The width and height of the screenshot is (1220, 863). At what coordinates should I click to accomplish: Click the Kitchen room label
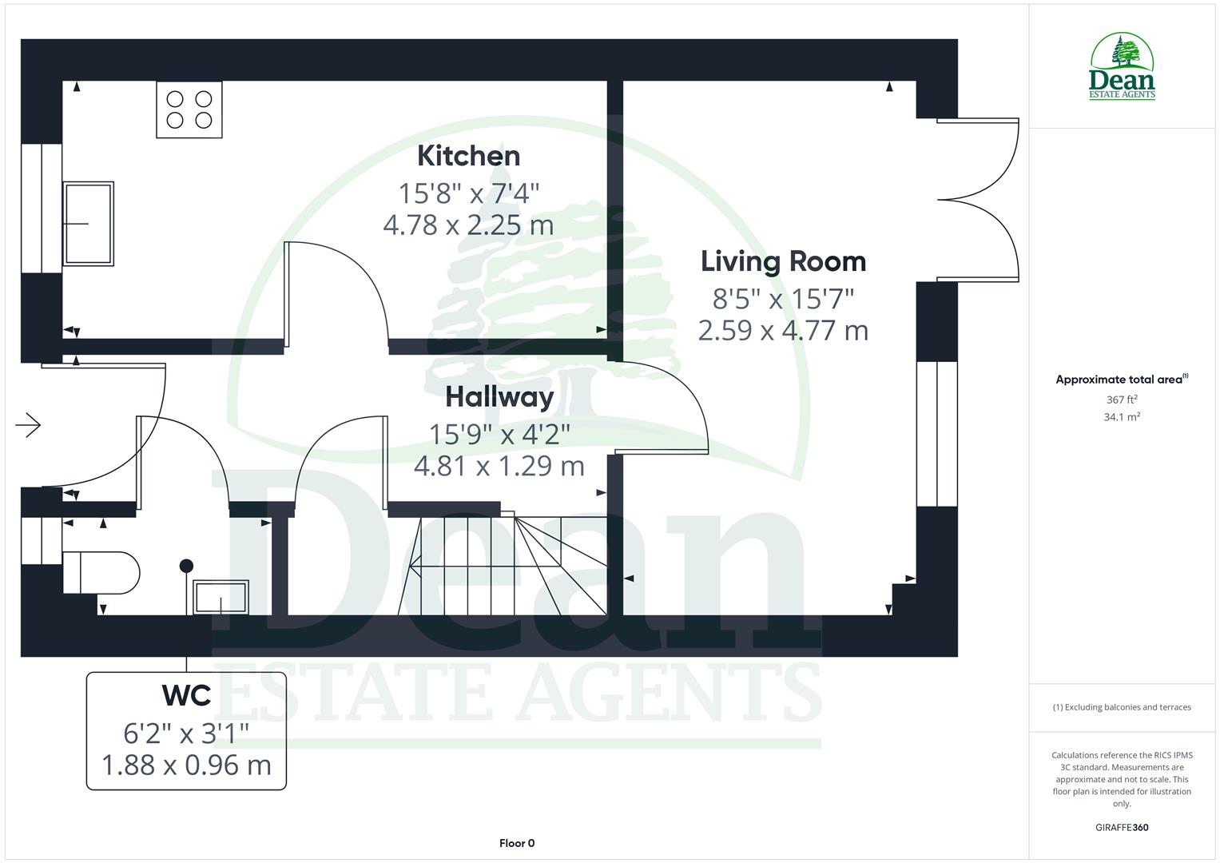click(468, 156)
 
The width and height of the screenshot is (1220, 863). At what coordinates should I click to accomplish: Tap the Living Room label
click(783, 261)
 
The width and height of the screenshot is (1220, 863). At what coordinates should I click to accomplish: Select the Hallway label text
click(499, 396)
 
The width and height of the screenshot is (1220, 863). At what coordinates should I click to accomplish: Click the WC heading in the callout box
click(186, 695)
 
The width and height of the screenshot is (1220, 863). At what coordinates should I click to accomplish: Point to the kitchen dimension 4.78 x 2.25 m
click(468, 225)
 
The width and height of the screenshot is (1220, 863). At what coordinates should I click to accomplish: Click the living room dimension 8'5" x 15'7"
click(783, 298)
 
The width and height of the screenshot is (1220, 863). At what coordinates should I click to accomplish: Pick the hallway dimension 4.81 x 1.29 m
click(499, 465)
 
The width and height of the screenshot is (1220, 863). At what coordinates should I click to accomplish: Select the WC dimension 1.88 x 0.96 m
click(186, 765)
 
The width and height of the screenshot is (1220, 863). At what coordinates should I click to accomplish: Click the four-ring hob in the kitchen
click(189, 109)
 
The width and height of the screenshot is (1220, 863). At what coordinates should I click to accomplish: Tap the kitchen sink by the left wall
click(88, 223)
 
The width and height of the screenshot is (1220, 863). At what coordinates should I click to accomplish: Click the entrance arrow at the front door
click(28, 424)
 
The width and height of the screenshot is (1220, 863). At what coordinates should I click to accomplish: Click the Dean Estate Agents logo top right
click(1122, 68)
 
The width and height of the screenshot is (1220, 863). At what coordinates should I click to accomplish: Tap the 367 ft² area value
click(1122, 400)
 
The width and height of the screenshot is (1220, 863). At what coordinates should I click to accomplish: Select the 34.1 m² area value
click(1122, 417)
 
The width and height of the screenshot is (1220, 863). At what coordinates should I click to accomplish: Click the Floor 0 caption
click(517, 843)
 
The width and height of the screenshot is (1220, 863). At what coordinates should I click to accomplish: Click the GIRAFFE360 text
click(1122, 828)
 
